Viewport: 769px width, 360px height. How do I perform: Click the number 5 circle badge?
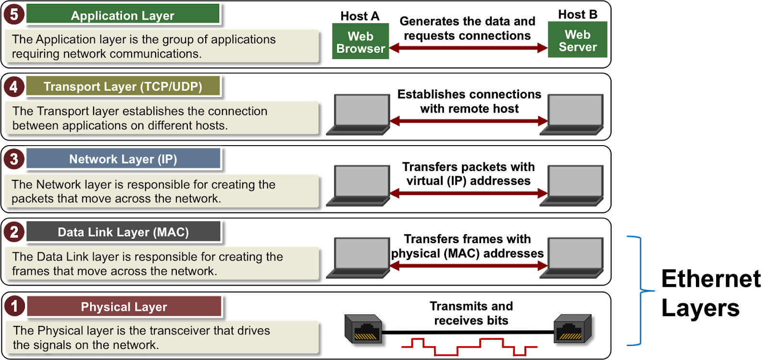click(x=14, y=14)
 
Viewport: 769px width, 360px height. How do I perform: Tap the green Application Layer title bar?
click(x=123, y=14)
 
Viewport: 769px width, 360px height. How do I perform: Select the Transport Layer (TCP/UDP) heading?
click(x=123, y=86)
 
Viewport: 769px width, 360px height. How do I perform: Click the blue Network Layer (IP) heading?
click(x=123, y=159)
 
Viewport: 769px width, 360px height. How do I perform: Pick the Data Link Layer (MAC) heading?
click(x=123, y=232)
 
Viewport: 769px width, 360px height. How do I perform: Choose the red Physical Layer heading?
click(x=124, y=306)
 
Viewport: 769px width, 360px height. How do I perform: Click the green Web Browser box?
click(x=360, y=41)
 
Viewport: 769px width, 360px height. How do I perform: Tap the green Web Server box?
click(x=577, y=39)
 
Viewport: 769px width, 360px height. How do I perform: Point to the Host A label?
click(x=360, y=16)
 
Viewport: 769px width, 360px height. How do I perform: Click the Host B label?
click(x=578, y=14)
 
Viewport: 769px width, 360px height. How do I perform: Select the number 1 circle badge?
click(x=14, y=306)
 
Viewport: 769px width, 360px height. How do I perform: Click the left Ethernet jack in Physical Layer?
click(x=363, y=329)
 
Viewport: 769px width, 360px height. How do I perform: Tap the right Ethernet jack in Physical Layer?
click(x=572, y=329)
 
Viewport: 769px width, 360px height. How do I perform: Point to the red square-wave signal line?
click(x=469, y=347)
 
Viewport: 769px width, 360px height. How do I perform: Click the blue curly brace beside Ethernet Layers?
click(x=641, y=291)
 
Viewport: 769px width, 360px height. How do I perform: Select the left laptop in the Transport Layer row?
click(x=358, y=114)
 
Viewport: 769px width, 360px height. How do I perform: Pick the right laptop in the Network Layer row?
click(x=571, y=186)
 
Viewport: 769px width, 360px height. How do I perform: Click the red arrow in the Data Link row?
click(x=469, y=266)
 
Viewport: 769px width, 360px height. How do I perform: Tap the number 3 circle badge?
click(x=14, y=159)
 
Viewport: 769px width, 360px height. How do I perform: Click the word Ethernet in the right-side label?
click(x=711, y=278)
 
